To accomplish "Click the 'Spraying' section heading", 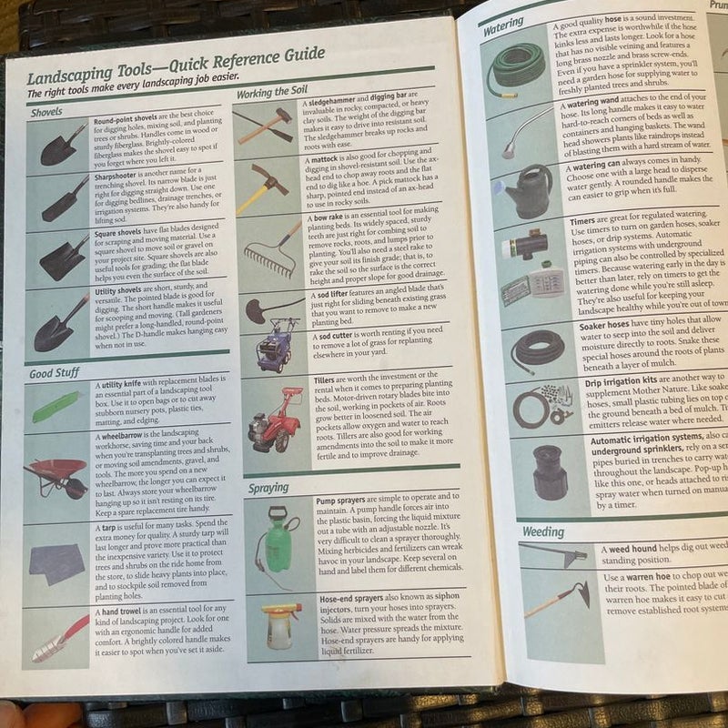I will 268,487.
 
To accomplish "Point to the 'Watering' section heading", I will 503,27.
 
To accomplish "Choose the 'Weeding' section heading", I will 543,531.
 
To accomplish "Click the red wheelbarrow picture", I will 56,475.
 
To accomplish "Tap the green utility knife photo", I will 56,406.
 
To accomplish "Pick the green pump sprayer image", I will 278,539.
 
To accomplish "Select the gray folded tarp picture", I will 56,563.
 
